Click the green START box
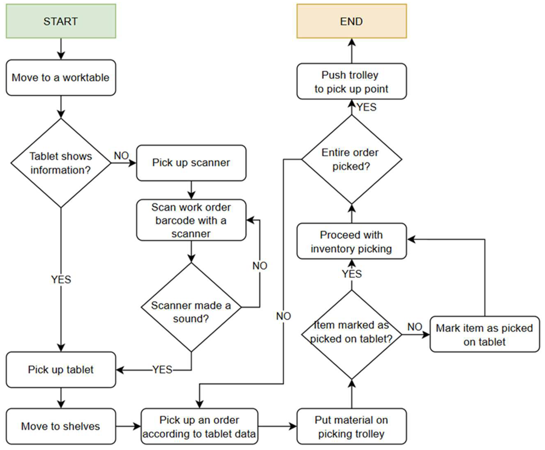[x=61, y=21]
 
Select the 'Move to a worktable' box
[x=61, y=78]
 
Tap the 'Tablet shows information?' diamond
[x=61, y=163]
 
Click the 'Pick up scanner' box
[x=191, y=163]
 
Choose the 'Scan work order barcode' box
[x=191, y=220]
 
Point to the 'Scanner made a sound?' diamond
[x=191, y=307]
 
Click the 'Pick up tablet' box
[x=61, y=370]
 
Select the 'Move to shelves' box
[x=61, y=426]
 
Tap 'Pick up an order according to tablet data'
[x=199, y=426]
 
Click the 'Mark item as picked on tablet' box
[x=485, y=334]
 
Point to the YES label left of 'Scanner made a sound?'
[x=162, y=369]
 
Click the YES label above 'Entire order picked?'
[x=367, y=107]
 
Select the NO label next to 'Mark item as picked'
[x=415, y=327]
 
